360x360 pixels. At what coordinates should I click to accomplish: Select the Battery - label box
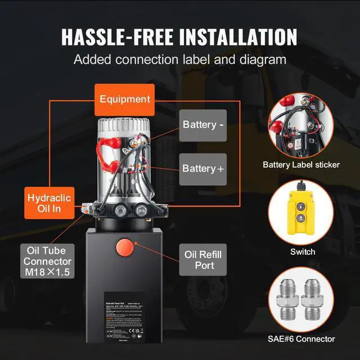click(203, 124)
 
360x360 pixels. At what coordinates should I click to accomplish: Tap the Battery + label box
click(203, 168)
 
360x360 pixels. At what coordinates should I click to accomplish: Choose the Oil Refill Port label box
click(203, 259)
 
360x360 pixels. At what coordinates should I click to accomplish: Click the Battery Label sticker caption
click(301, 165)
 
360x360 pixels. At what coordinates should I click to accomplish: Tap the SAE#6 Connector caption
click(301, 339)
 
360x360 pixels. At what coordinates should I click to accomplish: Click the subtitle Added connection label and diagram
click(180, 59)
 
